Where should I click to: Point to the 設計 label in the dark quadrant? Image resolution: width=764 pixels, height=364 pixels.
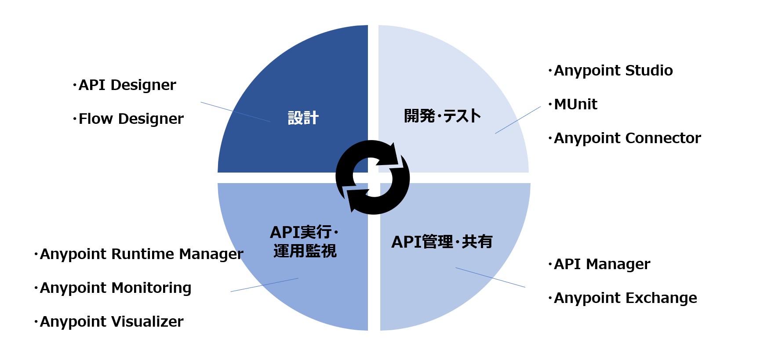click(303, 118)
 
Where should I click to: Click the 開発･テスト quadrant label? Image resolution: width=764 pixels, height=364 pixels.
click(442, 116)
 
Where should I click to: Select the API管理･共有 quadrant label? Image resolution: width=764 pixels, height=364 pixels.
click(442, 242)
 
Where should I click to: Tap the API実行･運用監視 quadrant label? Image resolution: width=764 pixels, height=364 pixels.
click(305, 241)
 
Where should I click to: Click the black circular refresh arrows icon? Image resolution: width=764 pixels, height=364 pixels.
click(373, 177)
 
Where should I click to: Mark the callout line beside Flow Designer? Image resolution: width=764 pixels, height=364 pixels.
click(235, 112)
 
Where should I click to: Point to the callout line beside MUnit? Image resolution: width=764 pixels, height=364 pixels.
click(518, 120)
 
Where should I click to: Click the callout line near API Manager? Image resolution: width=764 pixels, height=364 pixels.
click(490, 278)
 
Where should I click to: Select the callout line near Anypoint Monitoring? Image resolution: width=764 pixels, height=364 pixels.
click(264, 285)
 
